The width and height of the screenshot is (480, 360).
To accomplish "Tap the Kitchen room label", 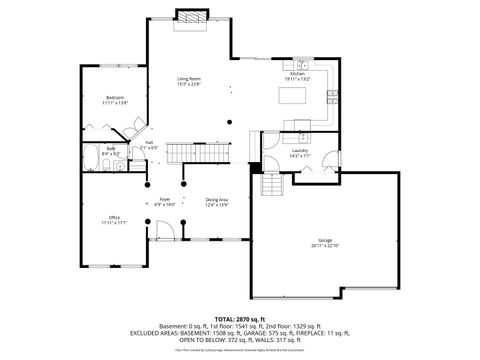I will (x=297, y=74).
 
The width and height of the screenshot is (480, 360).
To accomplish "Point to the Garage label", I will (x=325, y=240).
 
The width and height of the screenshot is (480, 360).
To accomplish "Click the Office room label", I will (x=115, y=217).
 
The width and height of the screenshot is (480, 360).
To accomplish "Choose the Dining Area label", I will (x=217, y=199).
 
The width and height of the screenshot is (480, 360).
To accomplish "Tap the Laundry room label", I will (x=299, y=150).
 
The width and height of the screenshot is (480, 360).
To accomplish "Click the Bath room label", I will (x=112, y=148).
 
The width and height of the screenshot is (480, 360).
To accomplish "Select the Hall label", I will (x=149, y=142).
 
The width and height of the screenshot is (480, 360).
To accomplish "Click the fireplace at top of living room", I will (x=189, y=17).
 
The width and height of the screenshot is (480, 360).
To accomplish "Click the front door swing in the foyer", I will (x=167, y=231).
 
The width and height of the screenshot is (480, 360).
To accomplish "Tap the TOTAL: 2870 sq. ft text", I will (x=240, y=317).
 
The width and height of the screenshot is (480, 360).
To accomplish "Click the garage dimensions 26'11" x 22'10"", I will (x=325, y=245).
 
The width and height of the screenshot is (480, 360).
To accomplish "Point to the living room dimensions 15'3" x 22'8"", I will (x=189, y=84).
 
